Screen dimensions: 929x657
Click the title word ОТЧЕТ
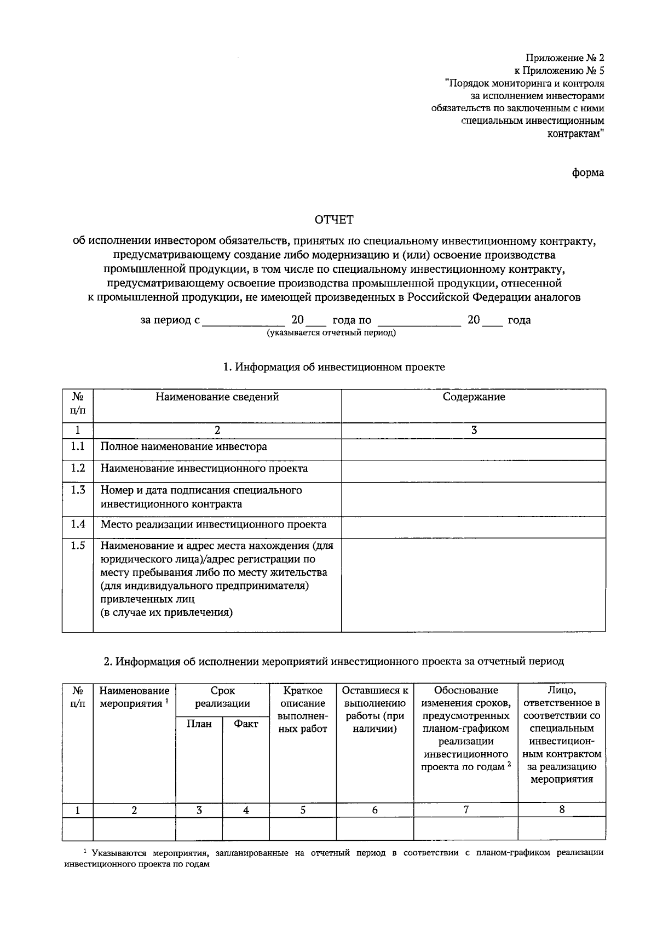[334, 220]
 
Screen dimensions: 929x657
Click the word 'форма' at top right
[588, 173]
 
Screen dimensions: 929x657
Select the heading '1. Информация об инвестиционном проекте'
[334, 367]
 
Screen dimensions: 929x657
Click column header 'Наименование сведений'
[217, 397]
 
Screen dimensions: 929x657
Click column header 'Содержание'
[474, 397]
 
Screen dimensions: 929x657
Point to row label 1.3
[78, 490]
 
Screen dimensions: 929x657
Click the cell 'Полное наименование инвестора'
[183, 446]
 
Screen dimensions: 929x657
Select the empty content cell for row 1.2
[474, 470]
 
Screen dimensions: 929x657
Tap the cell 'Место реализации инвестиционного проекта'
[213, 525]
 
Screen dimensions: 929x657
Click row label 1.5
[78, 546]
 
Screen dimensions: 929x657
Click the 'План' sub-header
[199, 724]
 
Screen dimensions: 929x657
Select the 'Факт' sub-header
[246, 724]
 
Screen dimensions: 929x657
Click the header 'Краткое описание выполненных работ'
[303, 710]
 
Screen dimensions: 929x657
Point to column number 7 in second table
[466, 810]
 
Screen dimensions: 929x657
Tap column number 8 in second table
[562, 810]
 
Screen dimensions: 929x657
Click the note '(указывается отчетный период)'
[331, 332]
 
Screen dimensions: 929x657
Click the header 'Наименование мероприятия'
[134, 697]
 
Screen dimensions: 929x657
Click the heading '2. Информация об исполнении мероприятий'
[334, 661]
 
